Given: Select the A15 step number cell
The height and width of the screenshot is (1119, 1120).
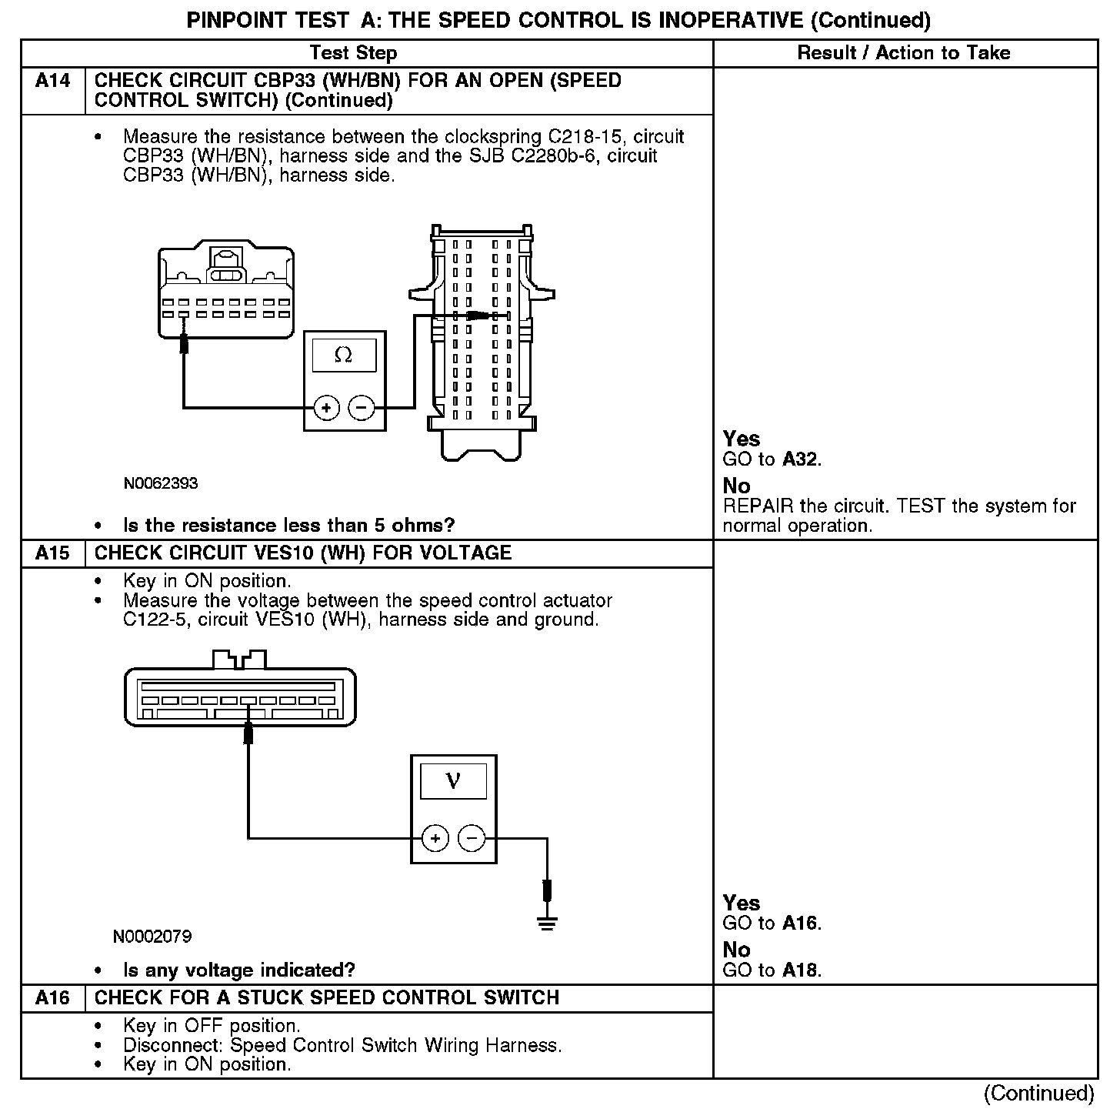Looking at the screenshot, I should click(x=52, y=553).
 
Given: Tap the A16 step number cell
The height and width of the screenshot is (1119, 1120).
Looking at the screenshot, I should click(x=52, y=998).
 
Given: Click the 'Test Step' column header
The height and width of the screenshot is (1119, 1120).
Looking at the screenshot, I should click(x=353, y=53).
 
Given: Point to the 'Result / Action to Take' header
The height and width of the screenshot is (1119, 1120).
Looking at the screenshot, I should click(x=904, y=53).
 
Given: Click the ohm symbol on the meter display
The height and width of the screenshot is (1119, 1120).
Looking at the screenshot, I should click(x=344, y=355).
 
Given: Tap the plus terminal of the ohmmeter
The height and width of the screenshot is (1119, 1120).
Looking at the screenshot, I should click(x=327, y=408).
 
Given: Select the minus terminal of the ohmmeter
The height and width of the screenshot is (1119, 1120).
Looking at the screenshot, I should click(x=362, y=408).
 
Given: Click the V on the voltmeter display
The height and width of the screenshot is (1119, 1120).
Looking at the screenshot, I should click(x=453, y=782).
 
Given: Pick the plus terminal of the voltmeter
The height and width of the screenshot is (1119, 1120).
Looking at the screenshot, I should click(x=435, y=837).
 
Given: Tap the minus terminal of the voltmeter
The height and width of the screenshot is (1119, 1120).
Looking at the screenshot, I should click(x=472, y=837).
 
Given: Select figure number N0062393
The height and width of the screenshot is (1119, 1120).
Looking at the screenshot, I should click(x=161, y=483).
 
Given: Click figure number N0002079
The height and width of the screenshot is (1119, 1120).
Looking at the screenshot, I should click(x=152, y=937).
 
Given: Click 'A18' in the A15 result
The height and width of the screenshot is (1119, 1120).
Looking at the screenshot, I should click(x=801, y=970).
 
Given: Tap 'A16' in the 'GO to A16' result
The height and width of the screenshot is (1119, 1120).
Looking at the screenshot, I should click(x=801, y=924).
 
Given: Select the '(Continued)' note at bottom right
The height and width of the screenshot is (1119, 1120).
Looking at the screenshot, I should click(x=1038, y=1094).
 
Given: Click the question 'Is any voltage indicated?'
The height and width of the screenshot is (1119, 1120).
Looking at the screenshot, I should click(x=239, y=970).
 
